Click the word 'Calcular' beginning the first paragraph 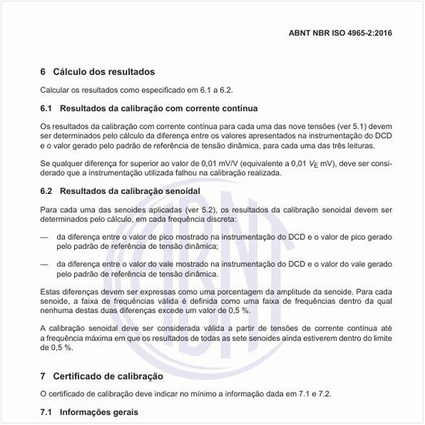[x=55, y=90]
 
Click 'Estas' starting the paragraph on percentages [x=51, y=291]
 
